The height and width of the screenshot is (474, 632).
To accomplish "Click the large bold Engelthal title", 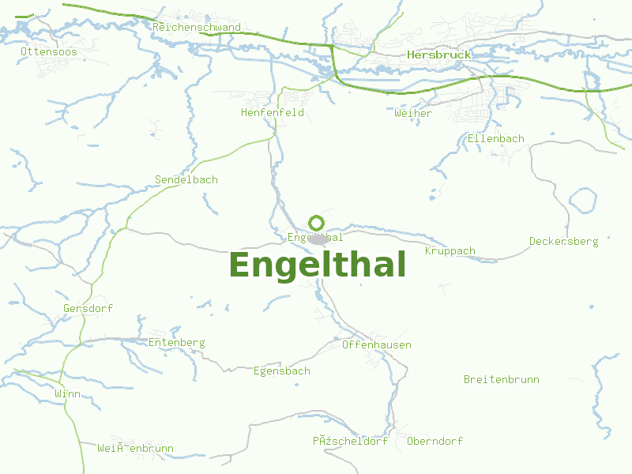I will pos(318,265).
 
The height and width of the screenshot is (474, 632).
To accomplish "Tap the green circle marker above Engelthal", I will pos(317,223).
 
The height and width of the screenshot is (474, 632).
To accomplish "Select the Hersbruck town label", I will pos(438,55).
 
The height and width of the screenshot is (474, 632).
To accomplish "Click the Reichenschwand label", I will pos(197,28).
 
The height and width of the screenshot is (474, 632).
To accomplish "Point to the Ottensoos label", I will pos(49,51).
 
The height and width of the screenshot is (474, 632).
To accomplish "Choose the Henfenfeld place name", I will pos(273,113).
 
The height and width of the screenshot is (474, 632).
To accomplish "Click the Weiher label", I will pos(413,114).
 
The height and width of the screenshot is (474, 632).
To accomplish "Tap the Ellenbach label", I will pos(496,139).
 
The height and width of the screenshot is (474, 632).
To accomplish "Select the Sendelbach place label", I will pos(186,180).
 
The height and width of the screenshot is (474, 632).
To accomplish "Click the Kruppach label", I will pos(450,251).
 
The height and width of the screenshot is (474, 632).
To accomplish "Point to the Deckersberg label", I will pos(564,242).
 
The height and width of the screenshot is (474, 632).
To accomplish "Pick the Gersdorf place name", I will pos(88,308).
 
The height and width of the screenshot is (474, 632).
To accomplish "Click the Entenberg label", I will pos(177,343).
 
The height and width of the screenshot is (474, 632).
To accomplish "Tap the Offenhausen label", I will pos(377,345).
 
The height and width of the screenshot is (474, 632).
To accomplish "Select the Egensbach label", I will pos(282,371).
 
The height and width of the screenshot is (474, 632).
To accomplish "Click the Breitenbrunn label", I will pos(502,380).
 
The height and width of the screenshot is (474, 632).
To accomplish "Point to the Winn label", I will pos(68,393).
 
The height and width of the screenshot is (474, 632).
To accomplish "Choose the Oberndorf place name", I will pos(434,442).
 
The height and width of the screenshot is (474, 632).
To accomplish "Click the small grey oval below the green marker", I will pos(319,239).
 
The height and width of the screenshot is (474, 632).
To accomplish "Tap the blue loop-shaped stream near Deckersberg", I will pos(583,201).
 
